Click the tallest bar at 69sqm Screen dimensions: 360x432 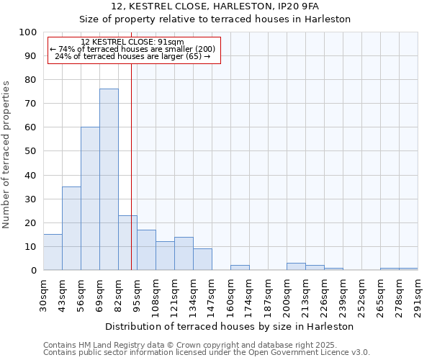point(109,179)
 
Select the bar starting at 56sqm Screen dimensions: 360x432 point(90,199)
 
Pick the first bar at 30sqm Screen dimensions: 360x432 point(53,252)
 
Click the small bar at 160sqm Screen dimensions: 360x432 point(240,268)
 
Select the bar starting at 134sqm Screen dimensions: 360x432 point(202,259)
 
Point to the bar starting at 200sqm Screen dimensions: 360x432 point(296,266)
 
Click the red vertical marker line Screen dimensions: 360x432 point(131,166)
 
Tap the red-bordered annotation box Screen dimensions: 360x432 point(133,50)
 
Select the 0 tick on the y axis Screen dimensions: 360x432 point(33,271)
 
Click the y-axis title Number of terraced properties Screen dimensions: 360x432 point(6,154)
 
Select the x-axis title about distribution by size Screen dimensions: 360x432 point(229,326)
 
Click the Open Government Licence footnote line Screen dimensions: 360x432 point(207,353)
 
